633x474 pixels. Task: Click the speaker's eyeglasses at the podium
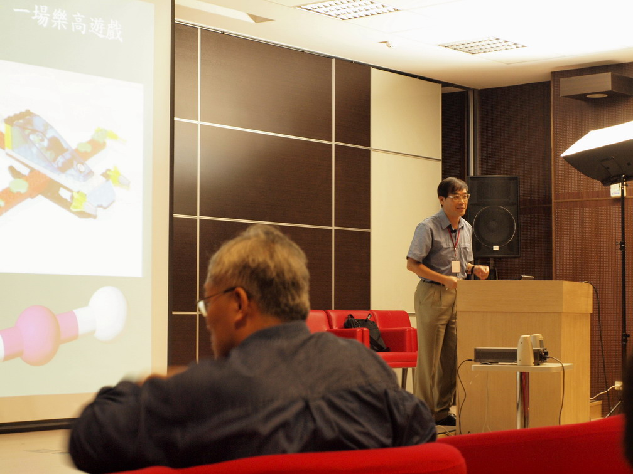point(458,197)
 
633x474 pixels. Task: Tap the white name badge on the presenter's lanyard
point(456,266)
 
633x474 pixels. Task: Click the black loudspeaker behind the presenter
point(494,216)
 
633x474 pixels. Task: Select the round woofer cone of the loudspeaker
point(495,226)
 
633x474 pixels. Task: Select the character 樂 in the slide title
point(59,20)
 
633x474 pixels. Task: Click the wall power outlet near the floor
point(617,386)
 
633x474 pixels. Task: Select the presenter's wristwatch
point(472,268)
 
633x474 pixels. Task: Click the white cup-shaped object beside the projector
point(525,350)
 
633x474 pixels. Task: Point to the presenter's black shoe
point(446,420)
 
